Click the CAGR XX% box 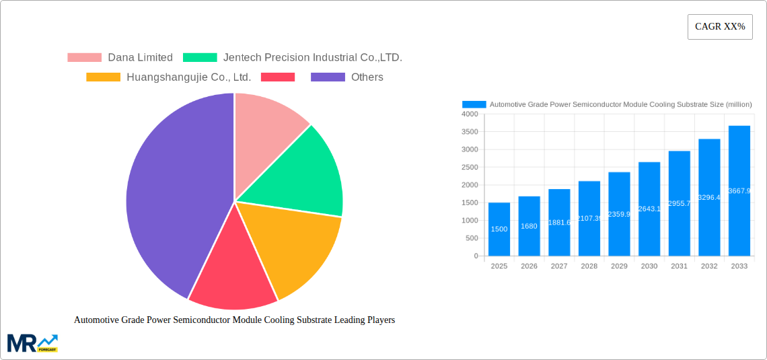[720, 27]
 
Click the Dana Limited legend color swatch [84, 58]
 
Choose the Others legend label [367, 77]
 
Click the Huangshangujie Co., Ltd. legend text [188, 77]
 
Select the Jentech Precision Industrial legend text [312, 58]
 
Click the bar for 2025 [499, 229]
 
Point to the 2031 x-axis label [679, 266]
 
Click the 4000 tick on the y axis [469, 114]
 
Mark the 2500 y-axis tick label [469, 168]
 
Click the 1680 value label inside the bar [529, 226]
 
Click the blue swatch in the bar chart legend [474, 104]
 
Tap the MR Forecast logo [32, 343]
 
